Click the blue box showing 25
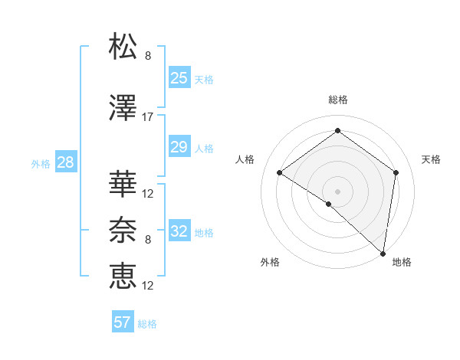point(179,77)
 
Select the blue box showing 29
point(179,147)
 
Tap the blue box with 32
point(179,231)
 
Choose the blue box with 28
point(64,162)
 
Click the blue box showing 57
point(123,322)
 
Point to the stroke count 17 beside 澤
point(148,116)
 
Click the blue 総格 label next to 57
point(147,324)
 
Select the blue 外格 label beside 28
point(41,163)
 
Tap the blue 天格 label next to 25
point(204,79)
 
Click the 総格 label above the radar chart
point(337,100)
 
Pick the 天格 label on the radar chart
point(431,159)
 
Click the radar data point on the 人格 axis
point(280,173)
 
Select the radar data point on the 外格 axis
point(328,204)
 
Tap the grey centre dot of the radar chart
point(337,191)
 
